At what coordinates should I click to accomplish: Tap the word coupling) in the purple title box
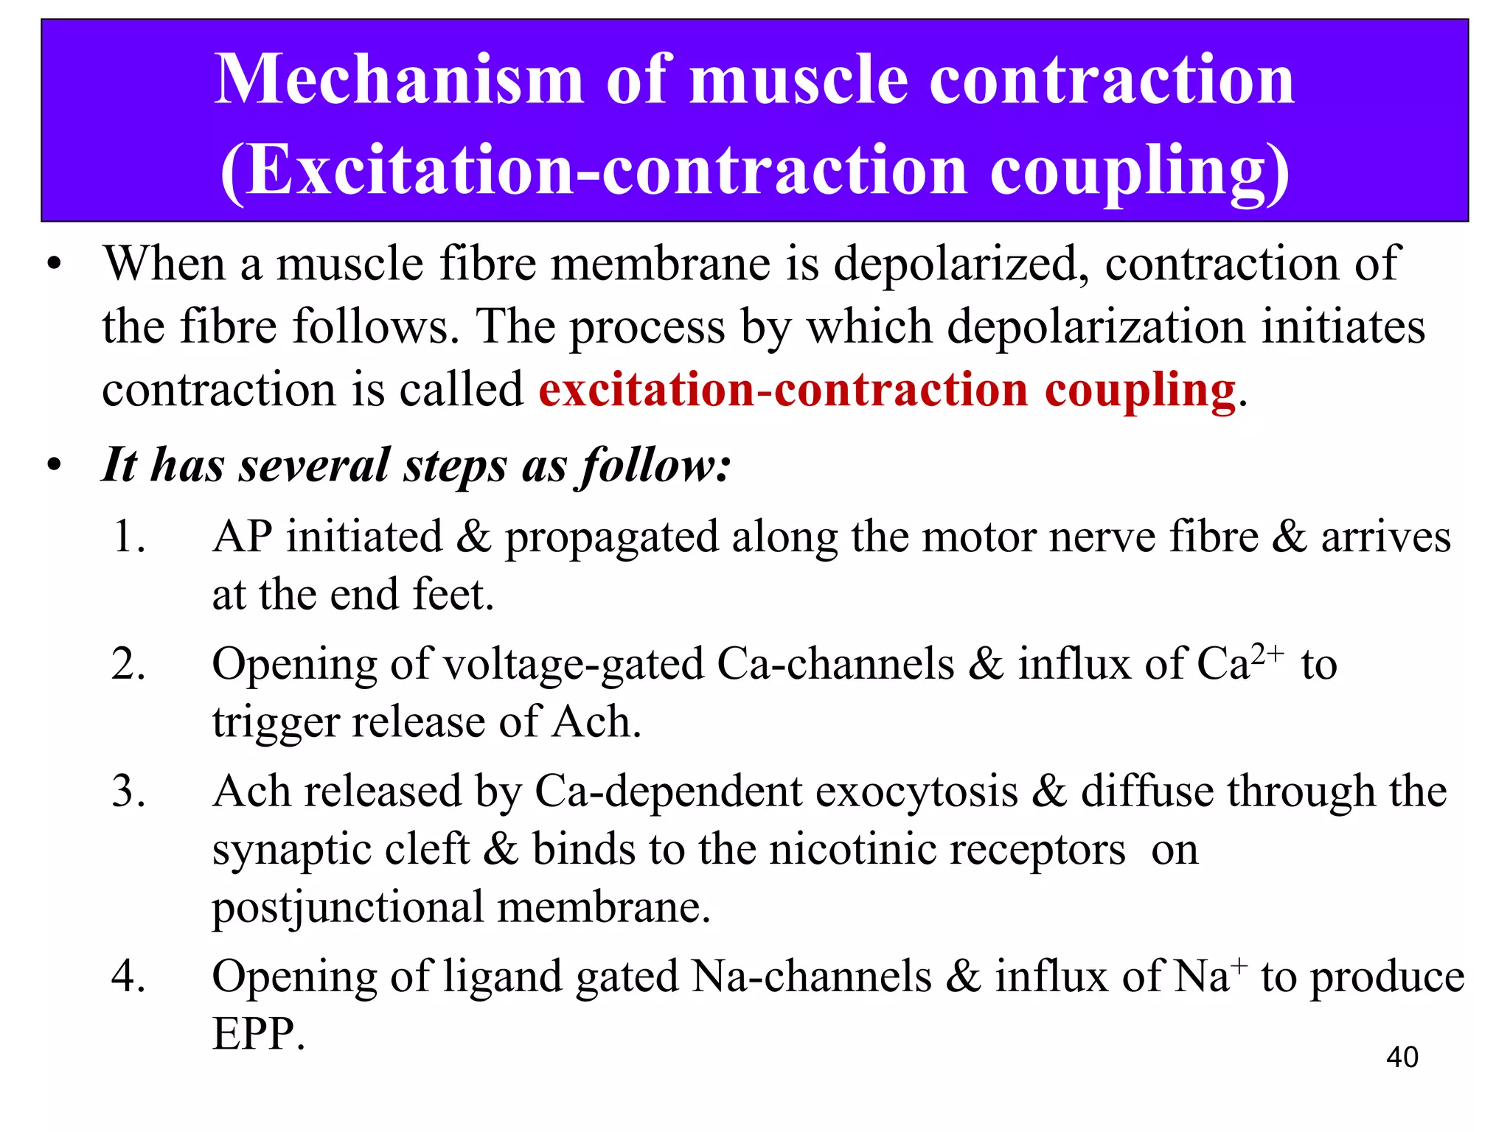[x=1140, y=171]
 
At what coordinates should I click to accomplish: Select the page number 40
[x=1402, y=1057]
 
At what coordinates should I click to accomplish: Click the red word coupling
[x=1140, y=391]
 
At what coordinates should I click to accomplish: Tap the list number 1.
[x=129, y=536]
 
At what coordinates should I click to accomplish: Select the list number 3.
[x=129, y=792]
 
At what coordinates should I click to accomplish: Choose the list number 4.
[x=129, y=976]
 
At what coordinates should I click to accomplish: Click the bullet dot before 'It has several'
[x=54, y=466]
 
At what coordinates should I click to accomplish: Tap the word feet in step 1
[x=452, y=595]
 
